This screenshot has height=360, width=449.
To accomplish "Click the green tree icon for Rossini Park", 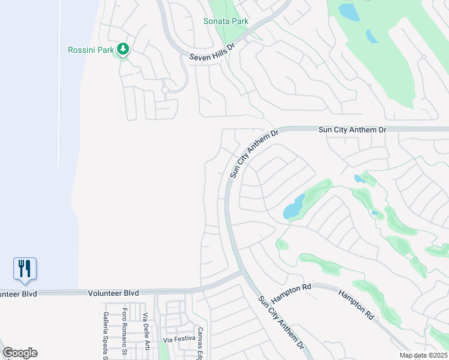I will [124, 48].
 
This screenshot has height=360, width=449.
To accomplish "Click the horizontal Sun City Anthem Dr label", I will [352, 130].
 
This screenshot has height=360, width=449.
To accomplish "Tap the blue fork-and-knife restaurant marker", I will [25, 268].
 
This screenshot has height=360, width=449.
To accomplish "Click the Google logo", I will [20, 353].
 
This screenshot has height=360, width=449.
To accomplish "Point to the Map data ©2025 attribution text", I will [423, 355].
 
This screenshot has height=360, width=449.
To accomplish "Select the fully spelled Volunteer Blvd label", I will [113, 293].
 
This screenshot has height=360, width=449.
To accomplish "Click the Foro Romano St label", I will [125, 330].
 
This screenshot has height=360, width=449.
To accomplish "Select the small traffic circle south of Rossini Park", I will [164, 91].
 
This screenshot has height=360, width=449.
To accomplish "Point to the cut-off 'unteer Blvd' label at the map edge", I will [19, 294].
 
